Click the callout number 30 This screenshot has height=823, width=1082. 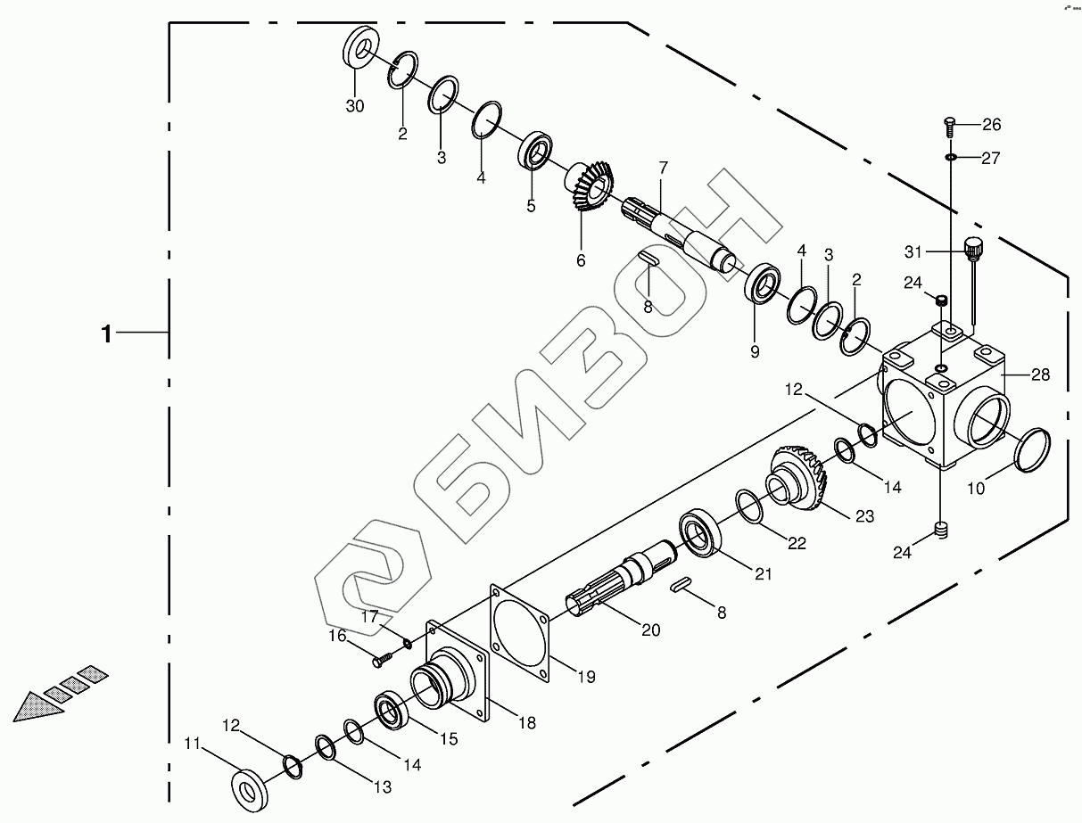pos(355,105)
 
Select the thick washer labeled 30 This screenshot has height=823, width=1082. pos(358,48)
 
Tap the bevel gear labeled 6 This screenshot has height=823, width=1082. pos(591,185)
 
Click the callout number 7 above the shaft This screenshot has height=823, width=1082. pos(664,168)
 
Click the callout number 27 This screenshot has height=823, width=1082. pos(991,158)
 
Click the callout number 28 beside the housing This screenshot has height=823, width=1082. pos(1040,374)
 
